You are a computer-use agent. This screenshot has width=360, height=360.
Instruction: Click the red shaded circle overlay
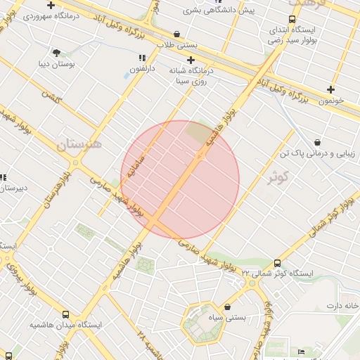(x=180, y=179)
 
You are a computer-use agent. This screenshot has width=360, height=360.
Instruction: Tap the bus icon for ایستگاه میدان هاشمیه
(x=66, y=315)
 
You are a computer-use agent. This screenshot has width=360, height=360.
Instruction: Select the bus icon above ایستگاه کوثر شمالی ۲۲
(x=277, y=262)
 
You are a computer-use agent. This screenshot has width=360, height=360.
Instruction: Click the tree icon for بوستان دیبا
(x=56, y=52)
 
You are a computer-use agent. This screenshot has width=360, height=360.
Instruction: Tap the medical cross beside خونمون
(x=330, y=89)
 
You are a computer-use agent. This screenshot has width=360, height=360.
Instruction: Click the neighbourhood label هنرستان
(x=79, y=145)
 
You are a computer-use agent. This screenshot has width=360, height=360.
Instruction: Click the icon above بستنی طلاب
(x=176, y=33)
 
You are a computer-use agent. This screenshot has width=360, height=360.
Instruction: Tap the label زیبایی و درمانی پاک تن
(x=318, y=153)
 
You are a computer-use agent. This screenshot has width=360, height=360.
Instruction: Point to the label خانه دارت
(x=342, y=306)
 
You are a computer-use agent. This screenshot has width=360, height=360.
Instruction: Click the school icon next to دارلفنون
(x=142, y=58)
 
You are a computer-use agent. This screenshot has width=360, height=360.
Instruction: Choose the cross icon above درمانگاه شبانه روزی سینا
(x=191, y=60)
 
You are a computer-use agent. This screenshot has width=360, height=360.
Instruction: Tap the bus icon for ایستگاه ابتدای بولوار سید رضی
(x=292, y=20)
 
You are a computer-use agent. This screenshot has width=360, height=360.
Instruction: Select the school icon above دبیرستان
(x=2, y=177)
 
